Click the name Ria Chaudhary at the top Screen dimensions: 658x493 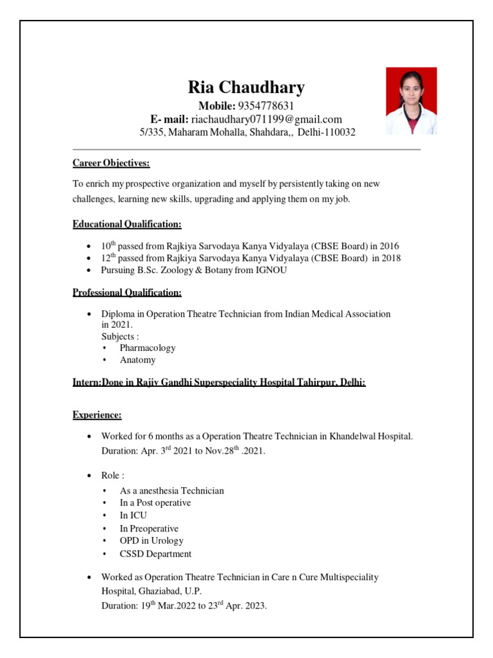click(246, 87)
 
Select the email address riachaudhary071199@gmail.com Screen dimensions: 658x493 click(266, 119)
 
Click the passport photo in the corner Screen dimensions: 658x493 click(411, 100)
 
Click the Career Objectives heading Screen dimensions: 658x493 click(111, 163)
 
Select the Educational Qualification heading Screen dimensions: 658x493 click(127, 224)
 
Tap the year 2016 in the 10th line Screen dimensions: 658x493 click(389, 245)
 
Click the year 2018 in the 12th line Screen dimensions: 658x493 click(390, 258)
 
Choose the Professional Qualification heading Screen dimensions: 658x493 click(127, 292)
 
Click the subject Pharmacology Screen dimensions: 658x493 click(148, 348)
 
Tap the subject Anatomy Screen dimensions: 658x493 click(137, 360)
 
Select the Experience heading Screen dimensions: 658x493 click(97, 415)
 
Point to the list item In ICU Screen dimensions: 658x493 click(133, 515)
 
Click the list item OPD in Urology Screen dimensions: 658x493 click(151, 540)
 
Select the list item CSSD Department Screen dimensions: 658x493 click(155, 553)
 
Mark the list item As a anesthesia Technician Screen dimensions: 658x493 click(171, 490)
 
